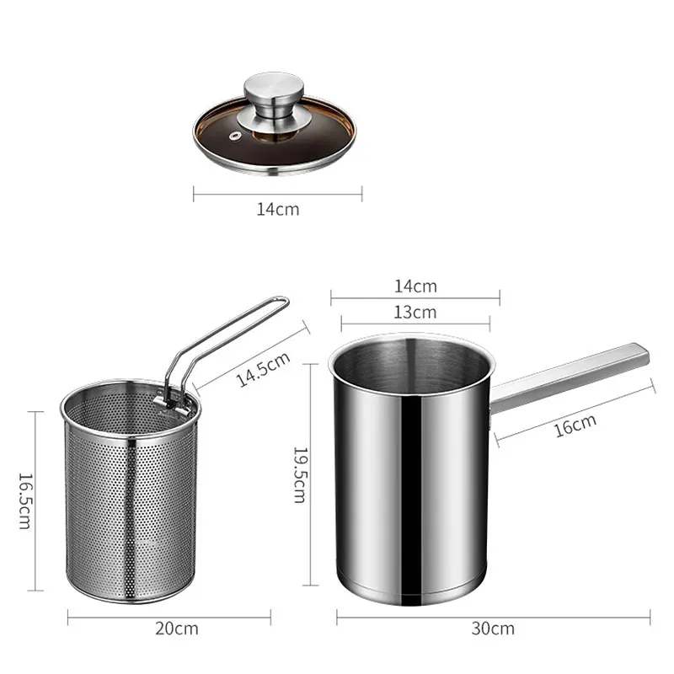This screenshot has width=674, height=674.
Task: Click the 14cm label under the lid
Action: click(278, 208)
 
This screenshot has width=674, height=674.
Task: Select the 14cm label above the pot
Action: click(415, 286)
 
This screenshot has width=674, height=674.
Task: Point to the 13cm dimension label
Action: click(415, 312)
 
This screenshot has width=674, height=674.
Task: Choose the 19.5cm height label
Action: click(298, 474)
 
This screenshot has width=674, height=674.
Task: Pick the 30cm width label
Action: click(494, 629)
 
